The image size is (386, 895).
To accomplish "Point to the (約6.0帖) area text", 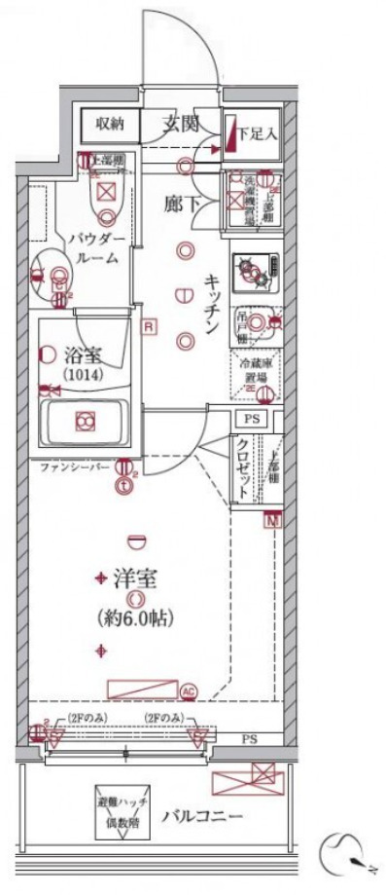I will (x=138, y=615).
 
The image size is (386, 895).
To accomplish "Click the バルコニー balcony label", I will (x=202, y=814).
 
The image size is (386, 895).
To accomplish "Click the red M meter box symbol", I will (x=272, y=518).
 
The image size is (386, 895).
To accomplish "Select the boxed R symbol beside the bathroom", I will (x=147, y=326).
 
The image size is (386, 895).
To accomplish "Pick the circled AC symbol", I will (x=189, y=690).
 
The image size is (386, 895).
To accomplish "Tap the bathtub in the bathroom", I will (x=86, y=422).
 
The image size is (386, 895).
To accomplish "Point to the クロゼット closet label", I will (x=243, y=465).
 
